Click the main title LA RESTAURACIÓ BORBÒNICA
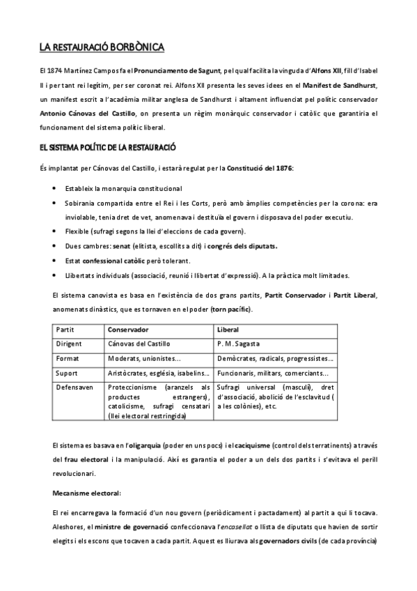tap(102, 48)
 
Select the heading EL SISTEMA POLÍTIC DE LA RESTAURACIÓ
tap(107, 148)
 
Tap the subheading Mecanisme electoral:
tap(86, 493)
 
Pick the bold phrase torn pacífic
tap(233, 309)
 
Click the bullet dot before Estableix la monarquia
tap(55, 188)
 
